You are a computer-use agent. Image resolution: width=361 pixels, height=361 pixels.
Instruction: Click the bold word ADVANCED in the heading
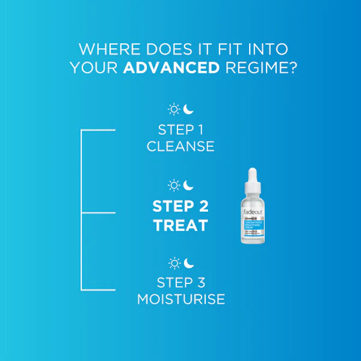tap(171, 67)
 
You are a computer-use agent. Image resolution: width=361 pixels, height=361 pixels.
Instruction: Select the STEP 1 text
tap(180, 129)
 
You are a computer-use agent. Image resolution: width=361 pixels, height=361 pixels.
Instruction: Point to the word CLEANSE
tap(180, 146)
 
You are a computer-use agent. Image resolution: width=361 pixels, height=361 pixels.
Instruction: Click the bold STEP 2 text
tap(180, 206)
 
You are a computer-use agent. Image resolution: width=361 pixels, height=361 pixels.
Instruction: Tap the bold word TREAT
tap(180, 226)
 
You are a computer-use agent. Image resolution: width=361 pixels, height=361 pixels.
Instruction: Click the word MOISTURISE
tap(180, 299)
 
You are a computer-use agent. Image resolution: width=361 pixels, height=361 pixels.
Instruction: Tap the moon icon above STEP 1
tap(189, 109)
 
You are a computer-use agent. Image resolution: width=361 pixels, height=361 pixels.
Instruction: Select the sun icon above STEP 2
tap(174, 185)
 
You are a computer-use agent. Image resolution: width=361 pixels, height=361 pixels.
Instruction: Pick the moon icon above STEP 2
tap(189, 184)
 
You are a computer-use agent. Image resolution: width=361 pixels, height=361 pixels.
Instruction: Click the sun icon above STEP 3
tap(174, 263)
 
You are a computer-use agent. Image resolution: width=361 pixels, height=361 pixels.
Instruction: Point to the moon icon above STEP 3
tap(189, 262)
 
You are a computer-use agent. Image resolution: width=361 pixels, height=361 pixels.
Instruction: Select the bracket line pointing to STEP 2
tap(97, 212)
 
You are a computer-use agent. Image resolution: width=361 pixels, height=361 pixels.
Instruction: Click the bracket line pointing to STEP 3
tap(97, 290)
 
